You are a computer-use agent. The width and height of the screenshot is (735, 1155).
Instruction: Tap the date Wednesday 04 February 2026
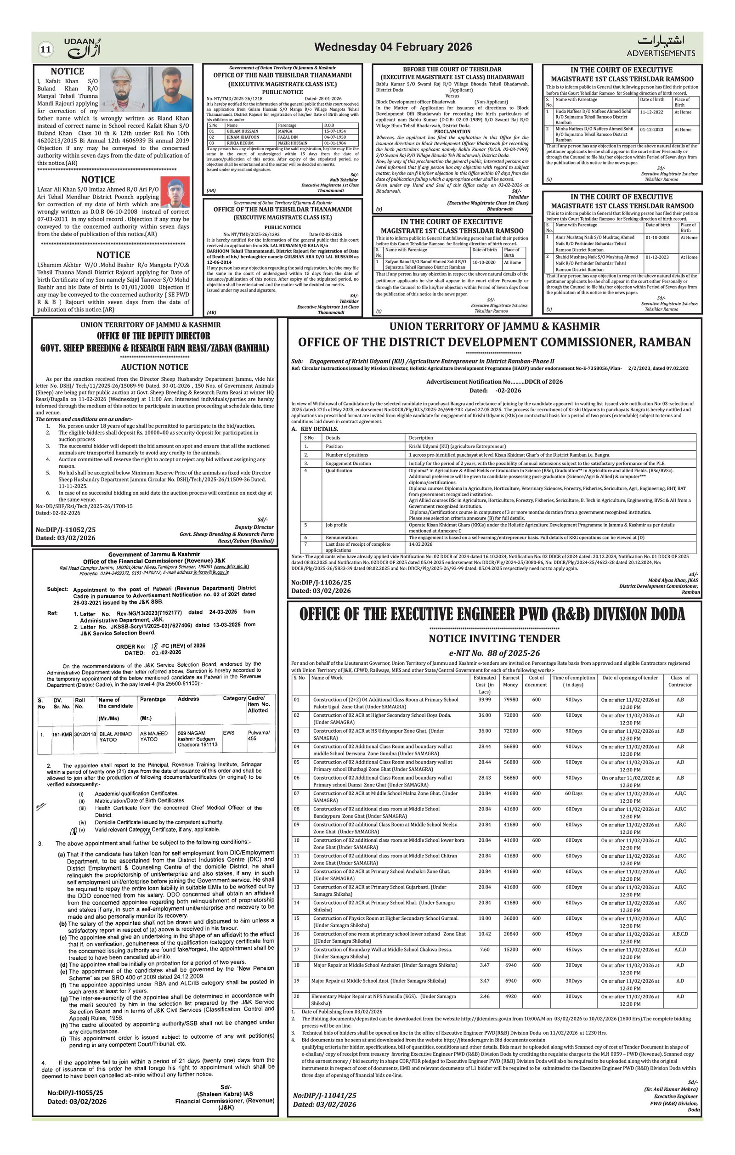[x=393, y=47]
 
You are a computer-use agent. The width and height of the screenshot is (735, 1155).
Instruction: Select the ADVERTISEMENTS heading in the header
[x=660, y=53]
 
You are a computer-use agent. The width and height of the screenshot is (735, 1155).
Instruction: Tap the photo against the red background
[x=175, y=192]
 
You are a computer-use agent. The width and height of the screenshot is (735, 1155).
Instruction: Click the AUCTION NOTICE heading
[x=154, y=367]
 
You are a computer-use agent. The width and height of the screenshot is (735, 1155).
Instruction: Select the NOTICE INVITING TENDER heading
[x=494, y=639]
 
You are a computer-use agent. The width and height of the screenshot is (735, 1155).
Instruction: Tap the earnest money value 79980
[x=511, y=700]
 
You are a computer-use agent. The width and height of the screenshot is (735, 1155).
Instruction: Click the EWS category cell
[x=229, y=733]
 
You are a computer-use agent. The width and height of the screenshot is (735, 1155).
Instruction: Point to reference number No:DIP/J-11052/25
[x=66, y=530]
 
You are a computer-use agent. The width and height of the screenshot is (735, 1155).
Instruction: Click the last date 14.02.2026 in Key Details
[x=420, y=544]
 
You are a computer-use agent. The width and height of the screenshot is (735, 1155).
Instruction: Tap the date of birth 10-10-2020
[x=484, y=262]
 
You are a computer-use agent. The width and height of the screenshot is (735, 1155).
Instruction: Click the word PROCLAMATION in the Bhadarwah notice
[x=452, y=131]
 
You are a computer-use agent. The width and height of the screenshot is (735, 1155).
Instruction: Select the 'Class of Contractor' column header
[x=680, y=681]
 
